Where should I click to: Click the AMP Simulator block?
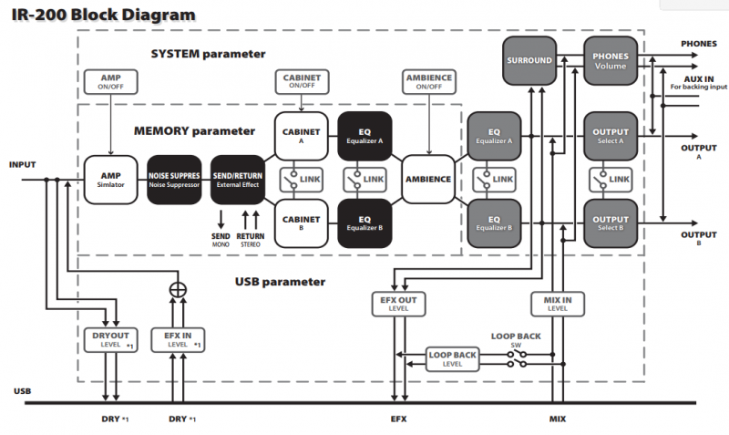click(109, 179)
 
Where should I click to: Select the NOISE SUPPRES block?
click(173, 179)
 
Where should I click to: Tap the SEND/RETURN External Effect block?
click(238, 179)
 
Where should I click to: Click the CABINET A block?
click(301, 137)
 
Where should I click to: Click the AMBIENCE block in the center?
click(428, 179)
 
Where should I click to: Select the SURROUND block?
click(529, 61)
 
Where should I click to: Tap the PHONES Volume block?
click(611, 61)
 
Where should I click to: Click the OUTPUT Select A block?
click(611, 137)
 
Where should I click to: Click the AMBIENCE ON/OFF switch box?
click(428, 82)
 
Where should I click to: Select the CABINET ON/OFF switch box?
click(301, 82)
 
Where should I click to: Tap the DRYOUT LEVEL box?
click(109, 340)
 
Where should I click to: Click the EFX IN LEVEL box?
click(179, 340)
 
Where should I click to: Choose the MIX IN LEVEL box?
click(557, 303)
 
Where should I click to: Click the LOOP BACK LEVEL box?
click(453, 358)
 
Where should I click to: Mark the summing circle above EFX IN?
click(179, 289)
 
